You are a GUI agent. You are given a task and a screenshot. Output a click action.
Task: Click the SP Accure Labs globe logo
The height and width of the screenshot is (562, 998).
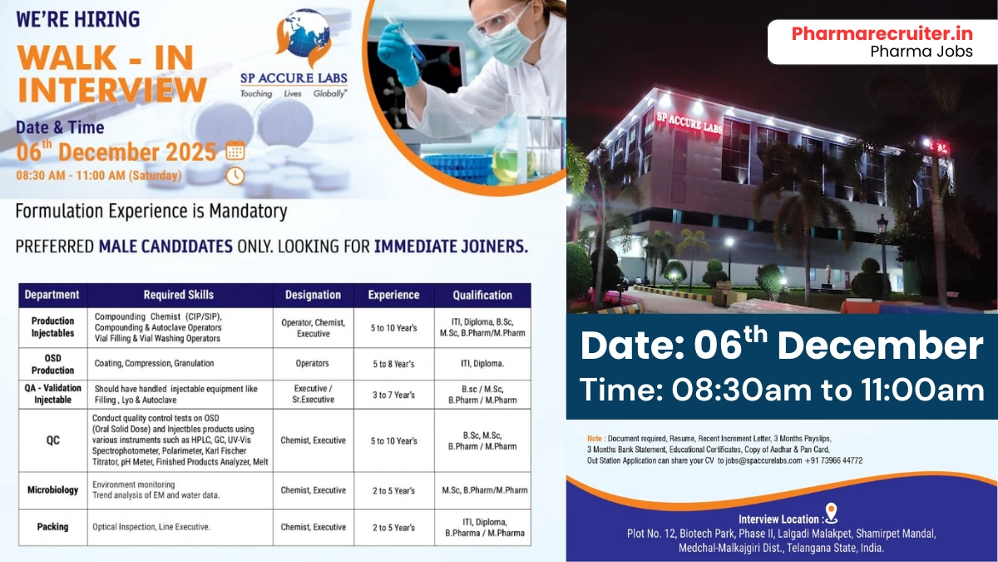click(x=301, y=38)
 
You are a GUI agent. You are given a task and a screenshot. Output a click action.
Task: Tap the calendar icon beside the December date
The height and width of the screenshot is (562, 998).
click(x=235, y=152)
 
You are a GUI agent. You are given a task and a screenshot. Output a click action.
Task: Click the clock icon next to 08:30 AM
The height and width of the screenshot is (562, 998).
click(x=235, y=176)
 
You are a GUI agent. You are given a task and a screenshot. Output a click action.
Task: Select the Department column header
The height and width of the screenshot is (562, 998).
click(x=52, y=295)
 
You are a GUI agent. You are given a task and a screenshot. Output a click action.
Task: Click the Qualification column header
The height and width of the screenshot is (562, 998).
click(x=482, y=295)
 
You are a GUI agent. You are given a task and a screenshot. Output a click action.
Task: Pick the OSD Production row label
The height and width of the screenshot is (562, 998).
click(x=52, y=364)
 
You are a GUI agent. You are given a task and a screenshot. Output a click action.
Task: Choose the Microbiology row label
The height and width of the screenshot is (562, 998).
click(x=52, y=490)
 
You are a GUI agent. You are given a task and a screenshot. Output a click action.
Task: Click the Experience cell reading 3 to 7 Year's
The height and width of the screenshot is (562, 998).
click(x=393, y=395)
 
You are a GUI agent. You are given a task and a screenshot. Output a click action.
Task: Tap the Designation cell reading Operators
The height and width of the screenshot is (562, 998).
click(x=313, y=364)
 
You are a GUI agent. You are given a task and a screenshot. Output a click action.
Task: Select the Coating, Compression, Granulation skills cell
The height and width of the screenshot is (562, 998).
click(x=154, y=364)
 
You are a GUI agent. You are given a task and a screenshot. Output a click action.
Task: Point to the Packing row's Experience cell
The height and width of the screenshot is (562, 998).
click(x=393, y=527)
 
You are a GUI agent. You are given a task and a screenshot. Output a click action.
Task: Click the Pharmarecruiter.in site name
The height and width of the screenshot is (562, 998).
click(x=882, y=33)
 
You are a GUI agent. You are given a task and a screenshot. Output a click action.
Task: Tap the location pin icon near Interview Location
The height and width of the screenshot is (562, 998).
click(x=830, y=512)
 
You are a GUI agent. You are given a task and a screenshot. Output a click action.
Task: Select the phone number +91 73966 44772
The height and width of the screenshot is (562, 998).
click(x=833, y=460)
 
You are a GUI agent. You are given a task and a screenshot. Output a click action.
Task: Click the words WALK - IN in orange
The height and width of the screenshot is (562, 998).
click(x=106, y=57)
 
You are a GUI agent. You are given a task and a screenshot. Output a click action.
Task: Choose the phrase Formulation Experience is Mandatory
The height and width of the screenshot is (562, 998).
click(x=151, y=211)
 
